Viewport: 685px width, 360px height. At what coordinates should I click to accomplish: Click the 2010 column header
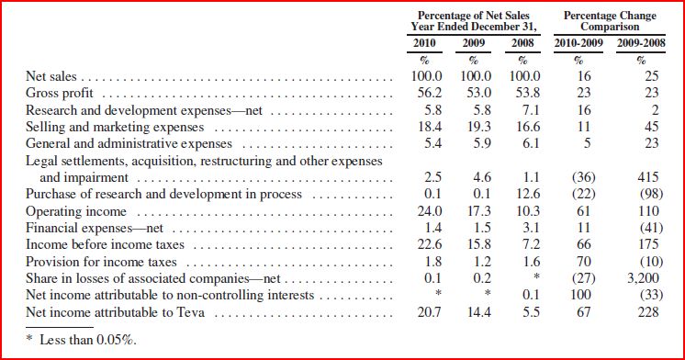point(424,43)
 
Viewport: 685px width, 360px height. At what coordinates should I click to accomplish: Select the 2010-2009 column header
point(578,43)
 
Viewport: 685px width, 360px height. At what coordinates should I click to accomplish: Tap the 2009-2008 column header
point(641,43)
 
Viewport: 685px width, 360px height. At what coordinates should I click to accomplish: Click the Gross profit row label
point(60,93)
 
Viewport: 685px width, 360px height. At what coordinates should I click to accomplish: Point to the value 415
point(648,177)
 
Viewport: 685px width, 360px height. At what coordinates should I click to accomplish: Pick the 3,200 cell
point(643,278)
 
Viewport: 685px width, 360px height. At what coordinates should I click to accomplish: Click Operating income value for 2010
point(430,211)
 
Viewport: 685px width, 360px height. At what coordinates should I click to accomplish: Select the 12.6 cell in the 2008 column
point(528,194)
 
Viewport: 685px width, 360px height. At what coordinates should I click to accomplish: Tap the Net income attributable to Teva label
point(115,312)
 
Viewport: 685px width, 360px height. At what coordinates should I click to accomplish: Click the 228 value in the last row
point(648,312)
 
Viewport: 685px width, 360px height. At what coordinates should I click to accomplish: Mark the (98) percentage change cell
point(651,194)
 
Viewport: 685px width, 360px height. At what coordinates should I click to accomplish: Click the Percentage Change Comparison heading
point(610,21)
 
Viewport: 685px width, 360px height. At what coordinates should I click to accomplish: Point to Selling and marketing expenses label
point(115,127)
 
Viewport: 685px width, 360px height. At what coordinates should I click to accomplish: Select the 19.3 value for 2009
point(479,127)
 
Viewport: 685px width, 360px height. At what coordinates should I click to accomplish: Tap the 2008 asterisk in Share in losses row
point(537,276)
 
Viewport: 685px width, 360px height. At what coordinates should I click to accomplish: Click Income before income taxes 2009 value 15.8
point(479,244)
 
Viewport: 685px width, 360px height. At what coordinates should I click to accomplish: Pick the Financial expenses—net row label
point(95,228)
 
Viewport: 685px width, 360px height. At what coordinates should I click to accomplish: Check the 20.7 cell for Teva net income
point(430,312)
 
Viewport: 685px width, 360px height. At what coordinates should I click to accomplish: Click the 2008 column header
point(522,43)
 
